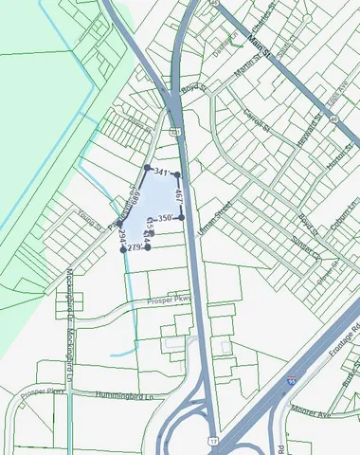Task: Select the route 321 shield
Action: click(176, 133)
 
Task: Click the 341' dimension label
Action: click(161, 173)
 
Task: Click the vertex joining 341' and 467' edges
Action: click(177, 175)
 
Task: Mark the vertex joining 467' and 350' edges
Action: click(180, 217)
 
